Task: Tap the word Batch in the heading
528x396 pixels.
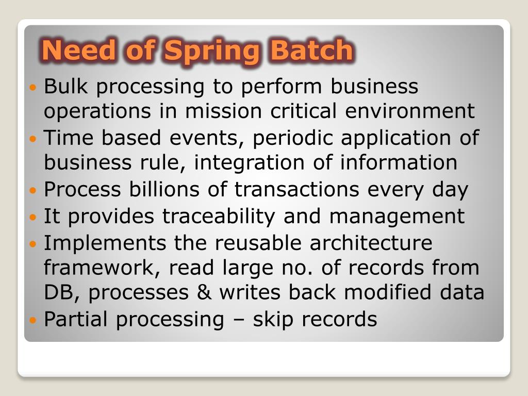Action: tap(312, 50)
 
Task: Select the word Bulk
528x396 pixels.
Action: tap(66, 86)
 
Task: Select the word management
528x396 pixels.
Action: tap(397, 216)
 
